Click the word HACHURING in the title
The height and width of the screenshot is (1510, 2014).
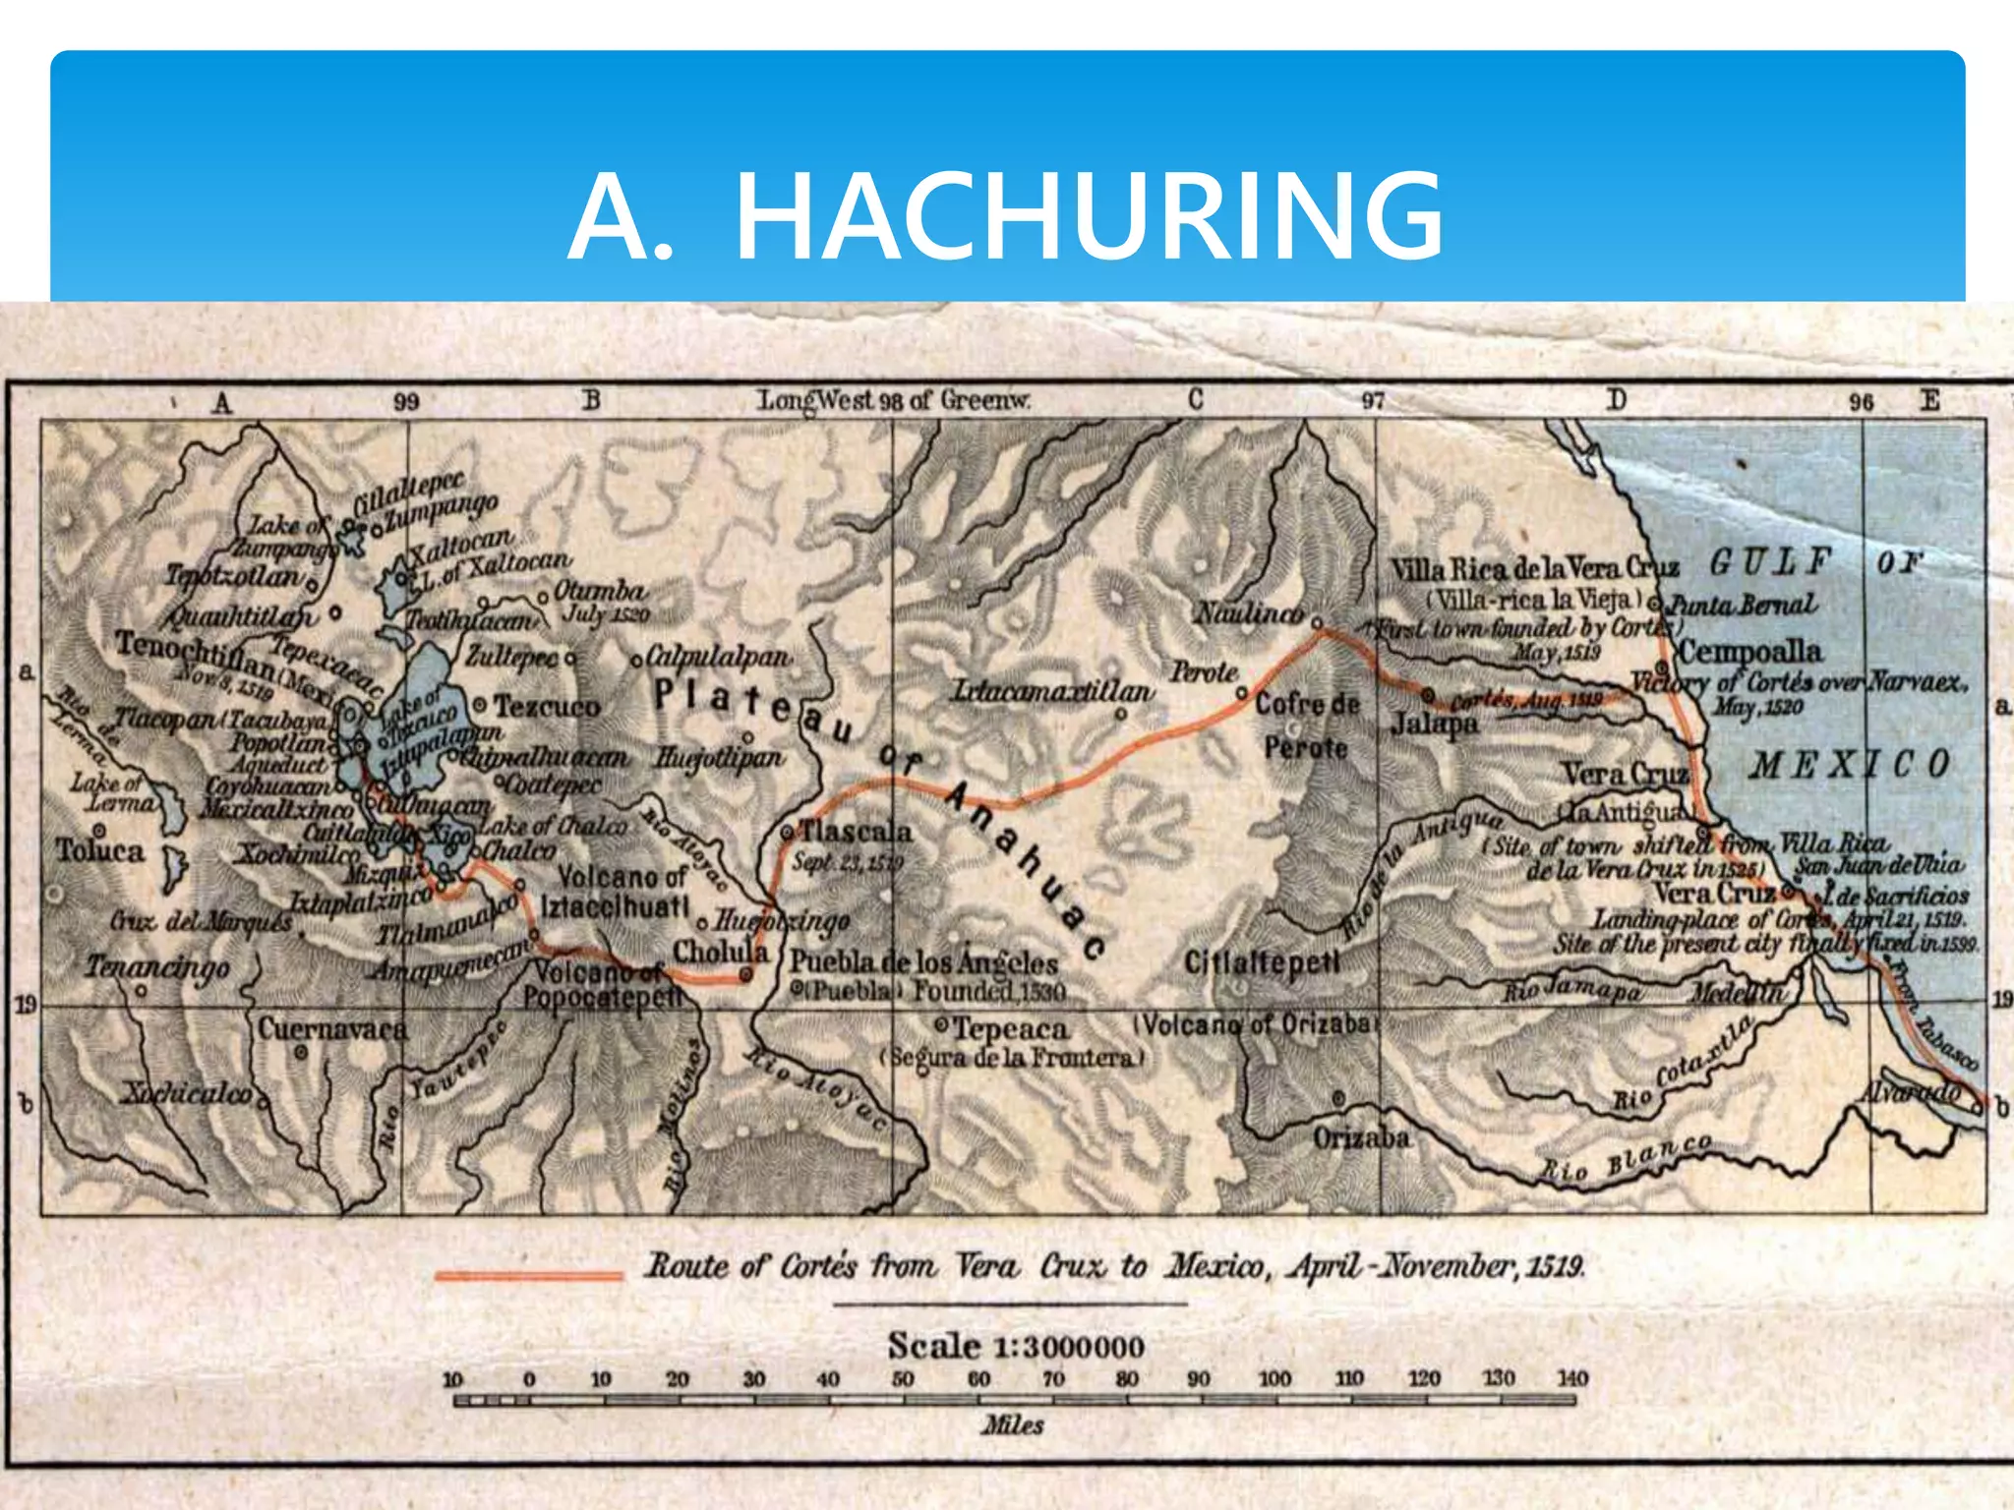pos(1090,218)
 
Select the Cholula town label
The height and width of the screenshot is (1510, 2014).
pos(721,952)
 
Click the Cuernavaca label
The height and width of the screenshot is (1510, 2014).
pos(332,1029)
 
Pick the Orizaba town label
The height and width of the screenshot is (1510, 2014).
pos(1361,1138)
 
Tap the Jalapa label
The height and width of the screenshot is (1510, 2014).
pos(1435,725)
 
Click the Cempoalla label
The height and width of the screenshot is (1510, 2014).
pos(1749,652)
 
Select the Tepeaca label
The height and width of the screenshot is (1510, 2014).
pos(1010,1029)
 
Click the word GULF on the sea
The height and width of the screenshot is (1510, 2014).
pos(1770,562)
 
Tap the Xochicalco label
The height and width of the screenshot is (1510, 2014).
pos(187,1093)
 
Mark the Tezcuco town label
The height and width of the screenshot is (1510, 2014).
pos(546,706)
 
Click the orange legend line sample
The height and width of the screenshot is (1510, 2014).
pos(529,1276)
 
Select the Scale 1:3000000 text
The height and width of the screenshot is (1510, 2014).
pos(1016,1346)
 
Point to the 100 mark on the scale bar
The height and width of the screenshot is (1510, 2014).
pos(1274,1378)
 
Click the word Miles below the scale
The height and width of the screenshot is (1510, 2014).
pos(1012,1424)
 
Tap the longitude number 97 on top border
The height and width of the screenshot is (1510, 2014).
pos(1373,401)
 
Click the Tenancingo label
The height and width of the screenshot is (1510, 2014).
pos(156,967)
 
